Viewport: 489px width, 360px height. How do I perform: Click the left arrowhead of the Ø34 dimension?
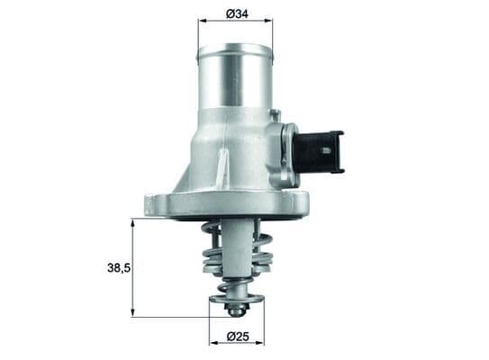coord(201,22)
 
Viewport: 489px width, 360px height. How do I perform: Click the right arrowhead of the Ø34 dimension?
coord(269,22)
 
